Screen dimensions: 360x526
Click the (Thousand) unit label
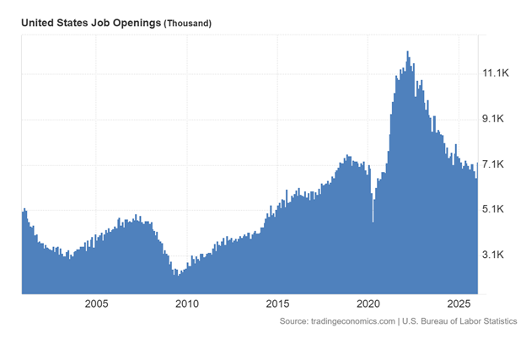187,24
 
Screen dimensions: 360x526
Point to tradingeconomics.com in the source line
353,321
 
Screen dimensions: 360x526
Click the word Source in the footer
295,321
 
